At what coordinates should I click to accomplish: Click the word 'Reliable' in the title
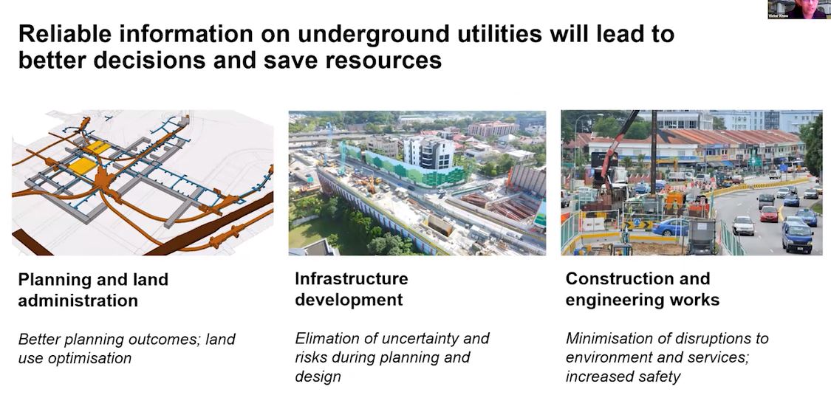click(x=62, y=34)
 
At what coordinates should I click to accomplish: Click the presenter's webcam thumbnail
click(x=797, y=9)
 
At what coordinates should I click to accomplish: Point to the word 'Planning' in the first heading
click(x=51, y=280)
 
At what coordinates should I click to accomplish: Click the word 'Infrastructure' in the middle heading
click(x=351, y=278)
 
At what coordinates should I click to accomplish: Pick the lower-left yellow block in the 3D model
click(x=83, y=165)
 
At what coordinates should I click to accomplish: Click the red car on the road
click(x=769, y=213)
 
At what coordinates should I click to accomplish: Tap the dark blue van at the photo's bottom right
click(x=796, y=237)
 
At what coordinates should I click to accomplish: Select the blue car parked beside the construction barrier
click(x=669, y=227)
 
